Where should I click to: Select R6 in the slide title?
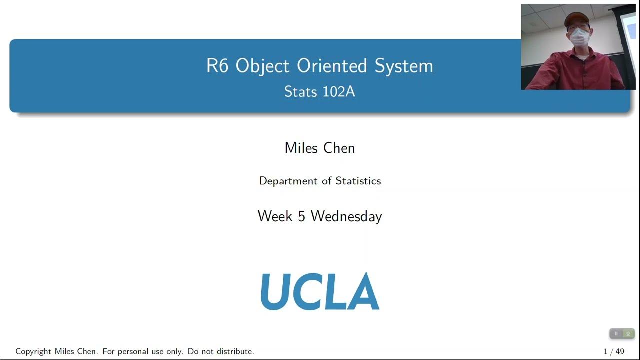point(217,66)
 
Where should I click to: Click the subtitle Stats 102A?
point(320,92)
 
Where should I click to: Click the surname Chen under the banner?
point(339,148)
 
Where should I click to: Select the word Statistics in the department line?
point(358,181)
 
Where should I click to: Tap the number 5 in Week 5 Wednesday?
point(301,216)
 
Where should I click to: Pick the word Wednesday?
point(346,216)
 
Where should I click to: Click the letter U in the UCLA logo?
point(274,291)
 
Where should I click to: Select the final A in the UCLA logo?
point(365,291)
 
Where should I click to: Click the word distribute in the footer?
point(234,351)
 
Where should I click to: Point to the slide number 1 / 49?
point(614,351)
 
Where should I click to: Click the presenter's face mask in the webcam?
point(580,37)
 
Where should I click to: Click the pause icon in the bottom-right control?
point(616,333)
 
